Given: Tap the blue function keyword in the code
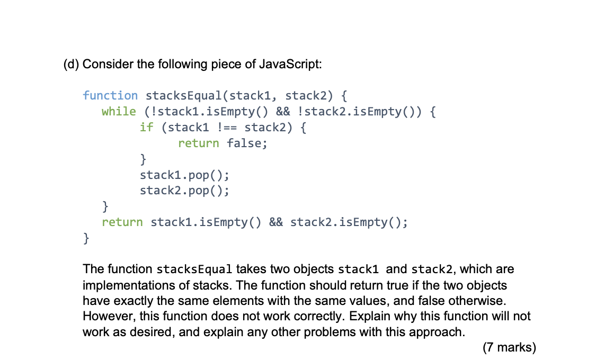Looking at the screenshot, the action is tap(110, 96).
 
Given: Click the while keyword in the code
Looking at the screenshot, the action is tap(119, 112).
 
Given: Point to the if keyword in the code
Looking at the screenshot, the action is tap(146, 128).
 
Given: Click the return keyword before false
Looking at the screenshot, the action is tap(198, 143).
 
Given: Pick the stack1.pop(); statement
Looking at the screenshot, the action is tap(184, 175).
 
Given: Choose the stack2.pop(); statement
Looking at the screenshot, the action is tap(184, 191).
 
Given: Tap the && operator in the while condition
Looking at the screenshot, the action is tap(285, 112).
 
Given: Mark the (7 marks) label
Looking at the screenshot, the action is tap(509, 348).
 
